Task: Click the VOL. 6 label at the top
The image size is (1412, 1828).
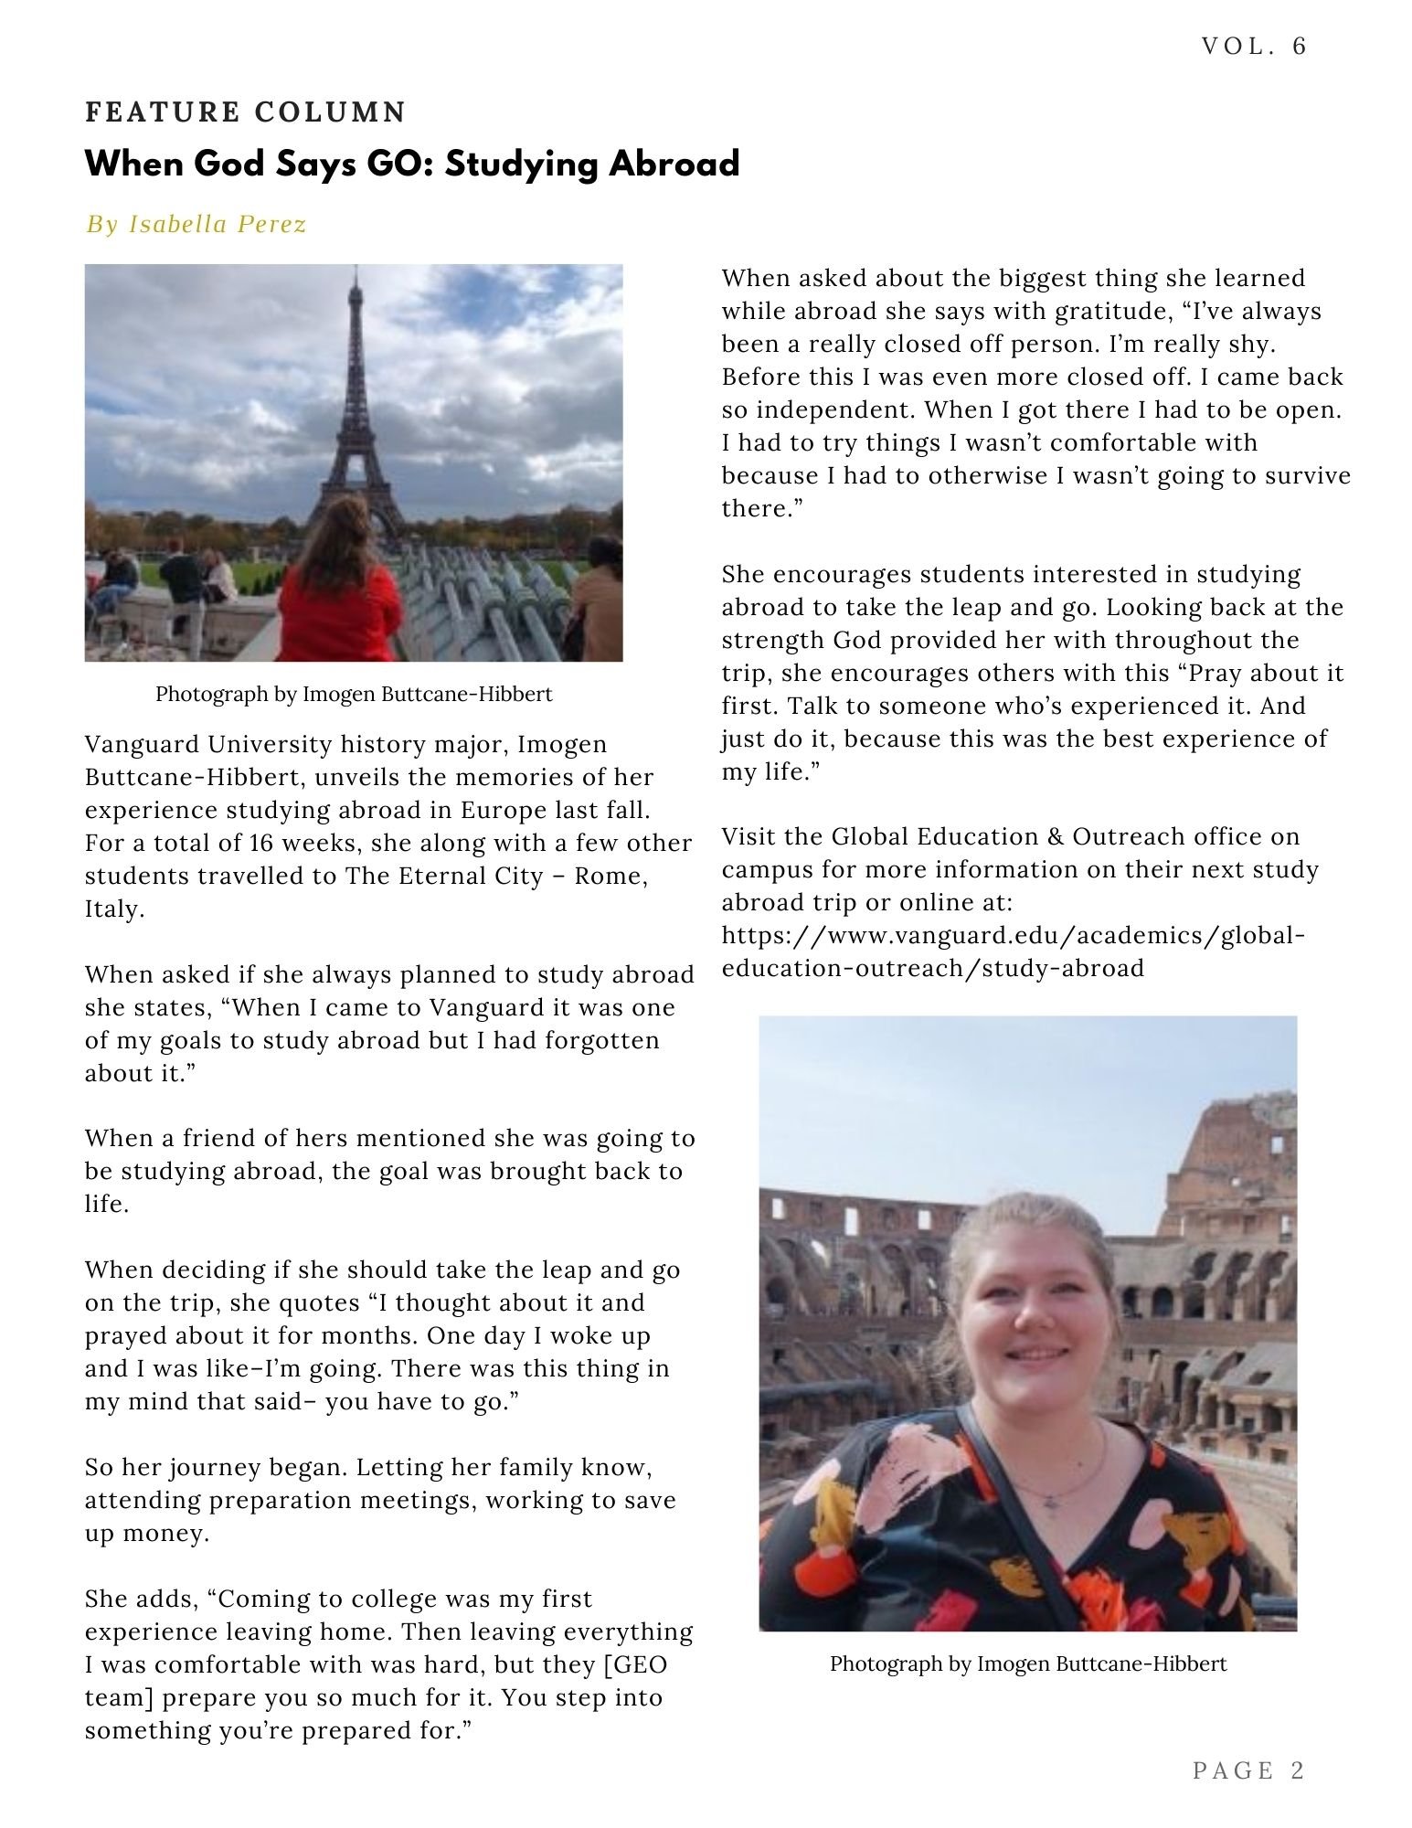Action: pos(1254,47)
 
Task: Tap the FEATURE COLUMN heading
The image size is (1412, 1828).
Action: pos(245,112)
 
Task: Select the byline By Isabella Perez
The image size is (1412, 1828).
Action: pos(196,224)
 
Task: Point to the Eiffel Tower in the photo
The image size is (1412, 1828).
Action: pos(357,411)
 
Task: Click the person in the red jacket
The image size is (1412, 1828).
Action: pos(344,594)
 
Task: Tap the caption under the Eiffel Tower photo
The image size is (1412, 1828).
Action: pos(354,694)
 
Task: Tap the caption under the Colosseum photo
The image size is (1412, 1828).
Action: pos(1027,1663)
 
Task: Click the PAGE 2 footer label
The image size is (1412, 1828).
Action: pos(1248,1770)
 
